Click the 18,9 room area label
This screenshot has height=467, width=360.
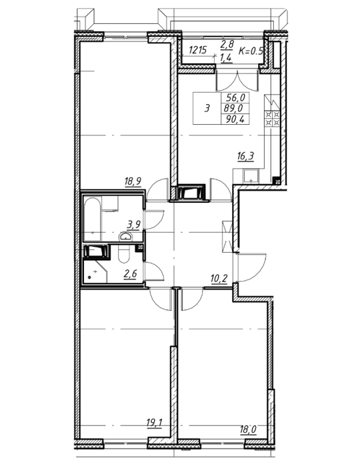133,181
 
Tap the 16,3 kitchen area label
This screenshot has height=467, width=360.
245,156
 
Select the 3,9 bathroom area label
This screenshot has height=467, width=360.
133,223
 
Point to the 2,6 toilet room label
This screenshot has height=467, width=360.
130,273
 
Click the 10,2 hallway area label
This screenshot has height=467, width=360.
219,279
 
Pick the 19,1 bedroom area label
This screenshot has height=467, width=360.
154,422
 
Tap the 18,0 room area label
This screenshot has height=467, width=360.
248,430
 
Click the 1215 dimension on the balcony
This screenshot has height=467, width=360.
197,50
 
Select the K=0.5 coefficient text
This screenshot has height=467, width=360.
251,51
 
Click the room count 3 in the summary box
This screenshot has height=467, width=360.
207,108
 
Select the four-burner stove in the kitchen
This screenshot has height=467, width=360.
272,118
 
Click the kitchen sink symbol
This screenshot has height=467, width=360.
251,176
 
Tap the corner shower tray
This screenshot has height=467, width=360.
95,272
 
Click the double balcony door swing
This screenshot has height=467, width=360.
237,81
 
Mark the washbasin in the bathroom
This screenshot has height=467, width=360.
127,236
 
